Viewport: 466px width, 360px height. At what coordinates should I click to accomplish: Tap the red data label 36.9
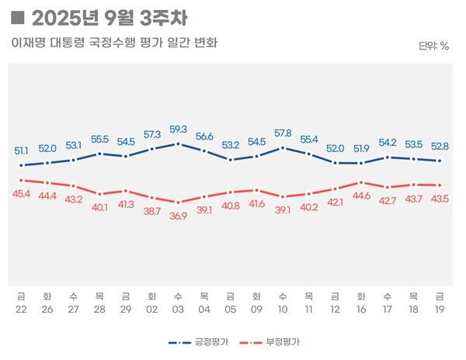pos(178,216)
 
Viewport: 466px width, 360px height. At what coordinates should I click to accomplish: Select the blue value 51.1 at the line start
pos(22,151)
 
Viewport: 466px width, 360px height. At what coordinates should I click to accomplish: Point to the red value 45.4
pos(22,193)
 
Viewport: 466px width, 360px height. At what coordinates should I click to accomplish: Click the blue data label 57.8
pos(283,133)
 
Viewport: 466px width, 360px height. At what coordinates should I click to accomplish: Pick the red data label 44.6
pos(361,196)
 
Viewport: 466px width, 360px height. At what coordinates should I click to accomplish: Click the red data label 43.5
pos(440,199)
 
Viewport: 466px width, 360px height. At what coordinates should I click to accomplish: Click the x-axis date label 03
pos(178,310)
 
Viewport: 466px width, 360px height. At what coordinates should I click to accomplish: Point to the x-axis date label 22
pos(21,310)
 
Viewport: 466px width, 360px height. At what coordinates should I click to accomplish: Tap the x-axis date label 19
pos(440,310)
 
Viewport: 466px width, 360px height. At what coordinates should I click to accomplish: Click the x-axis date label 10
pos(283,310)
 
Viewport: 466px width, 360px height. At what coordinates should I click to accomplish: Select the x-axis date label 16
pos(361,310)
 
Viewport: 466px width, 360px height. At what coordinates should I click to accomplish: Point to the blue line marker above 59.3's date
pos(178,144)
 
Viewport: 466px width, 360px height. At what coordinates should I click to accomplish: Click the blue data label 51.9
pos(361,148)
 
